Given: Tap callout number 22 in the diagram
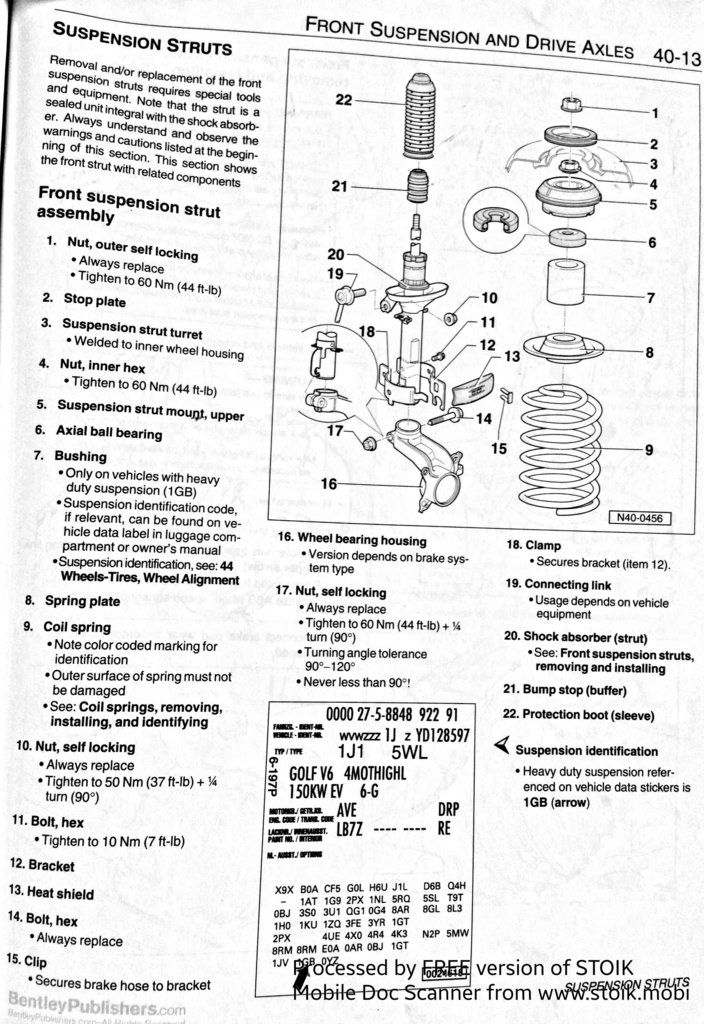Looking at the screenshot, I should pyautogui.click(x=343, y=100).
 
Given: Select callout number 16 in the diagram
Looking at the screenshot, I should pyautogui.click(x=328, y=484).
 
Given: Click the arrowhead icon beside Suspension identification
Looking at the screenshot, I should pyautogui.click(x=504, y=745).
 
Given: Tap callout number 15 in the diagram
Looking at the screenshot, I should pyautogui.click(x=498, y=449).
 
